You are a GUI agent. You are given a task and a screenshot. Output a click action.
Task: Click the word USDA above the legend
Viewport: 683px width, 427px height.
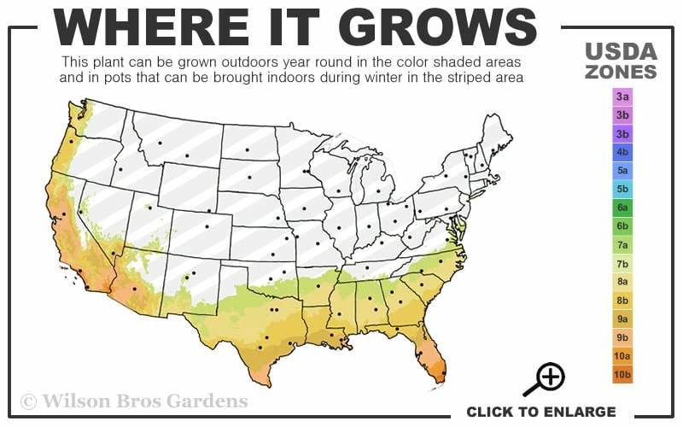(x=621, y=52)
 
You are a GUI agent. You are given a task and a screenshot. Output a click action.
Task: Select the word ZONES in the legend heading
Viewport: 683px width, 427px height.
(x=621, y=72)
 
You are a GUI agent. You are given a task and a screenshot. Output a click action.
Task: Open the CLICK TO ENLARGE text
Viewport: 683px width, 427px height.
(x=540, y=412)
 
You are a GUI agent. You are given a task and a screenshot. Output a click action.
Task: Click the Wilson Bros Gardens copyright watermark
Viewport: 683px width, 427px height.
(x=134, y=401)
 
